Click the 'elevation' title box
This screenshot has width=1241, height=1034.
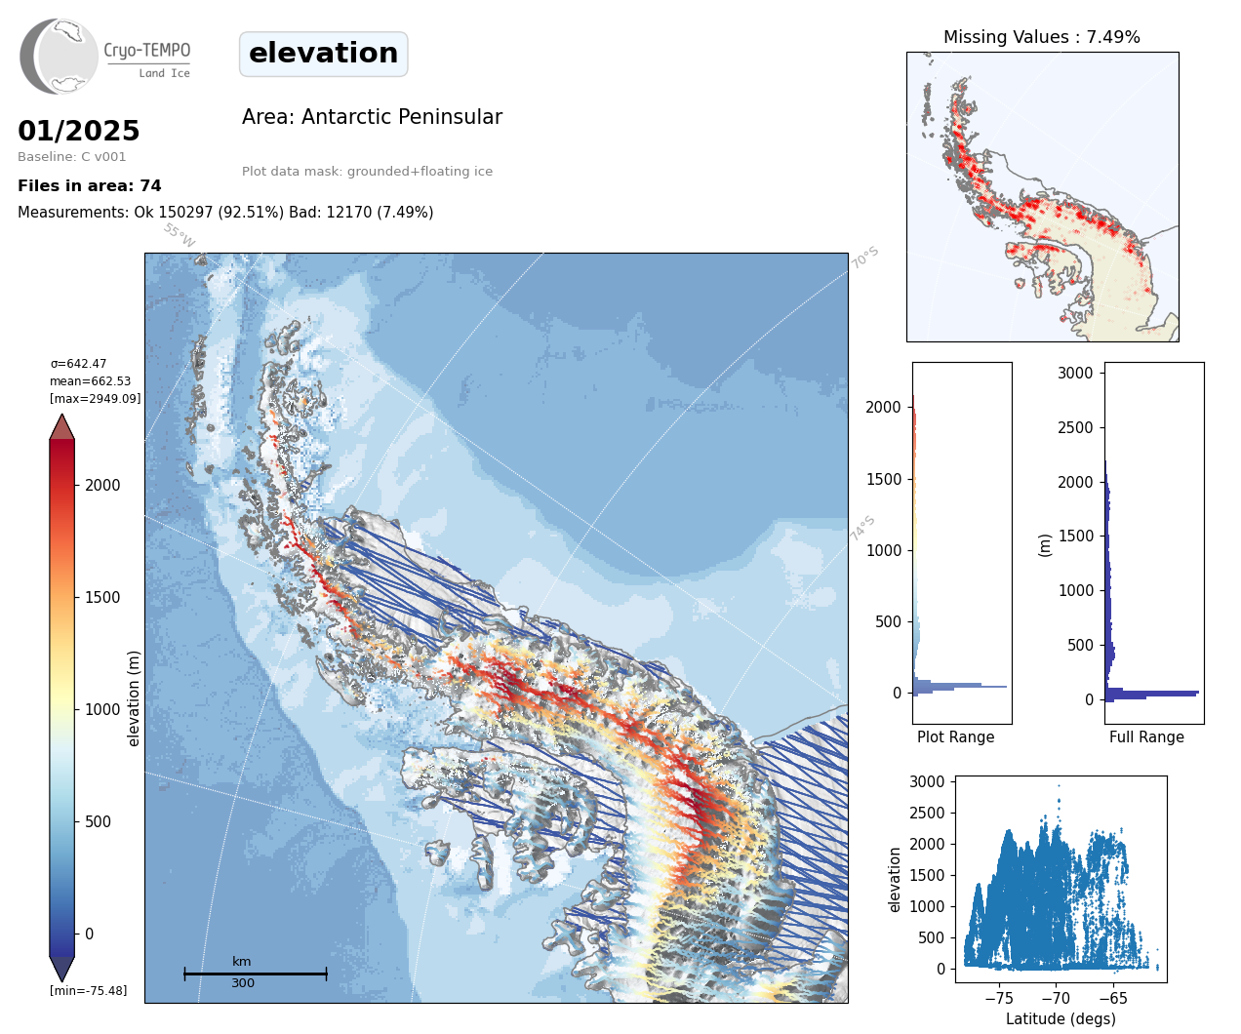click(323, 54)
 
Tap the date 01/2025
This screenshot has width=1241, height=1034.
click(78, 131)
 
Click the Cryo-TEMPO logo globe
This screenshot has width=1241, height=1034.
click(59, 56)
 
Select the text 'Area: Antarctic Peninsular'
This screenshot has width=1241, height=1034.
click(372, 117)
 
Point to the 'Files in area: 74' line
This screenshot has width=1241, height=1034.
click(89, 186)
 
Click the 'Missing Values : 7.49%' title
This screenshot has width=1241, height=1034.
click(1042, 37)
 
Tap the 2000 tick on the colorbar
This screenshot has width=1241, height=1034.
click(102, 485)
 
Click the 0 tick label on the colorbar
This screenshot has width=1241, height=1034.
click(89, 934)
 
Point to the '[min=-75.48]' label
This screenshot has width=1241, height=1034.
click(88, 991)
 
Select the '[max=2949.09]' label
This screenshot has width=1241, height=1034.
click(95, 398)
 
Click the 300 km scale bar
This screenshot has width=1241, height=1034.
click(256, 974)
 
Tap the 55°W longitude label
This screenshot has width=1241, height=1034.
click(179, 235)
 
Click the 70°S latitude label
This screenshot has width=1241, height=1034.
click(864, 258)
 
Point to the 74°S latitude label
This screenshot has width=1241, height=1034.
click(861, 529)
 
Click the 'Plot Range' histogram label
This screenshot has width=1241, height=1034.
click(956, 737)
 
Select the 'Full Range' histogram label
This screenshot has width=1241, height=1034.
click(1146, 737)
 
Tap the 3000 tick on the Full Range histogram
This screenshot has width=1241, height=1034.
click(1075, 374)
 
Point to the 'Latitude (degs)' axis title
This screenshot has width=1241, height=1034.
click(1061, 1018)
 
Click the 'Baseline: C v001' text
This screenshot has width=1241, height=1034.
click(72, 157)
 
